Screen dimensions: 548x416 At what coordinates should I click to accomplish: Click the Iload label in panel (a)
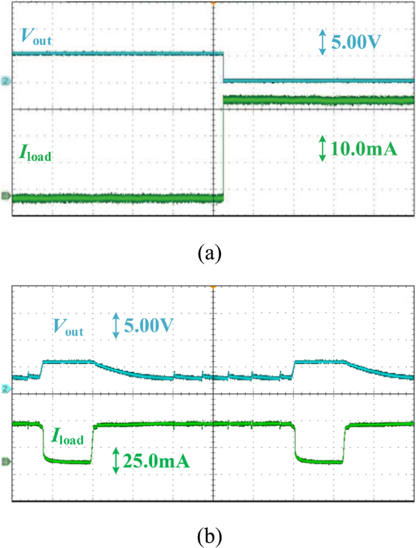[35, 153]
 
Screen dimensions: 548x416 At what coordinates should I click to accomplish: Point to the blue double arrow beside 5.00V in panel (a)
[322, 43]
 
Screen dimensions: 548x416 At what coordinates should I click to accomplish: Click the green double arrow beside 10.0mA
[321, 148]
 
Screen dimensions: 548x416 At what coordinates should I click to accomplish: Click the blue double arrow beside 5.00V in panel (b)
[115, 326]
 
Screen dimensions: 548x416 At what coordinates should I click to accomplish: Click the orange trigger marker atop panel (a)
[213, 4]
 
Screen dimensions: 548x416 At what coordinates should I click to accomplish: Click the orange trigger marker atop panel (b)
[213, 286]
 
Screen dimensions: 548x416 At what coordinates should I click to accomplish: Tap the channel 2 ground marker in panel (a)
[6, 80]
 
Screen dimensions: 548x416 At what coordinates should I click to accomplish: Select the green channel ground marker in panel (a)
[6, 196]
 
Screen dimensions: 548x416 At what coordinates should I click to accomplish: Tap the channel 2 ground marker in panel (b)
[6, 388]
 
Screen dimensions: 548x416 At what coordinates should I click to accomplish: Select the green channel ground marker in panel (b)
[6, 462]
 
